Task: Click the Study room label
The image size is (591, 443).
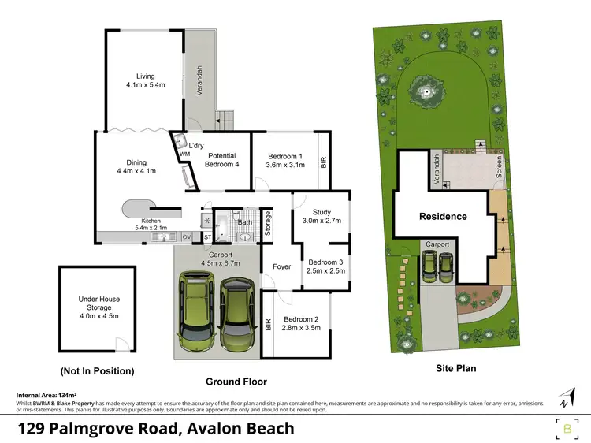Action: click(321, 217)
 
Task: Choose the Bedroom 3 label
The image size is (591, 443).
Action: click(325, 266)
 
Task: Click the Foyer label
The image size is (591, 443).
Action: click(281, 266)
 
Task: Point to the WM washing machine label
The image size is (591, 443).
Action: click(184, 154)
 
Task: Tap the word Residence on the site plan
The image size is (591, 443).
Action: click(443, 216)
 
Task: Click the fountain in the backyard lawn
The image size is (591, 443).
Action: click(429, 93)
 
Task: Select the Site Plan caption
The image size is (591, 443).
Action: click(455, 368)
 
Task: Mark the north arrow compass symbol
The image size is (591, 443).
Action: click(564, 396)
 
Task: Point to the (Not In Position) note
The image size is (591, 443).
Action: click(97, 370)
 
